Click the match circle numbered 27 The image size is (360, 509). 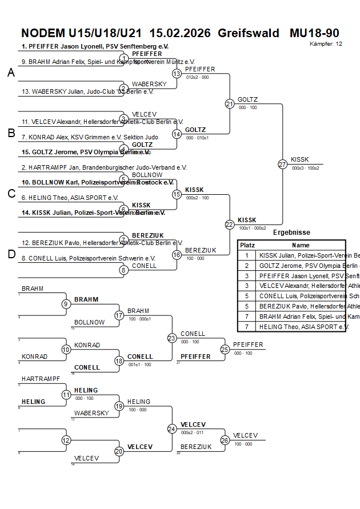point(282,165)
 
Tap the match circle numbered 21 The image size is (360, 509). point(230,104)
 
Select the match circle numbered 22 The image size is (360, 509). point(230,225)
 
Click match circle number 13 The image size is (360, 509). point(177,74)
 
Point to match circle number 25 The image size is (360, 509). point(225,349)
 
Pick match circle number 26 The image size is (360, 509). point(225,440)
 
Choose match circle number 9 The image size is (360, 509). point(66,304)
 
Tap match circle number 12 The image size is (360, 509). point(66,440)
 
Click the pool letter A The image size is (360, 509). point(11,73)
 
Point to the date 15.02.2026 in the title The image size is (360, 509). point(180,33)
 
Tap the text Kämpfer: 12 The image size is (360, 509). point(326,43)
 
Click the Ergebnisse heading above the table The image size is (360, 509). point(291,233)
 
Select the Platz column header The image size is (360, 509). point(247,245)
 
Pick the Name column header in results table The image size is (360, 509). point(301,245)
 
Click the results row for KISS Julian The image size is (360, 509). point(301,255)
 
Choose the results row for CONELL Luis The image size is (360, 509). point(301,296)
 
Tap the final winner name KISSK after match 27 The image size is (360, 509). point(299,159)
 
